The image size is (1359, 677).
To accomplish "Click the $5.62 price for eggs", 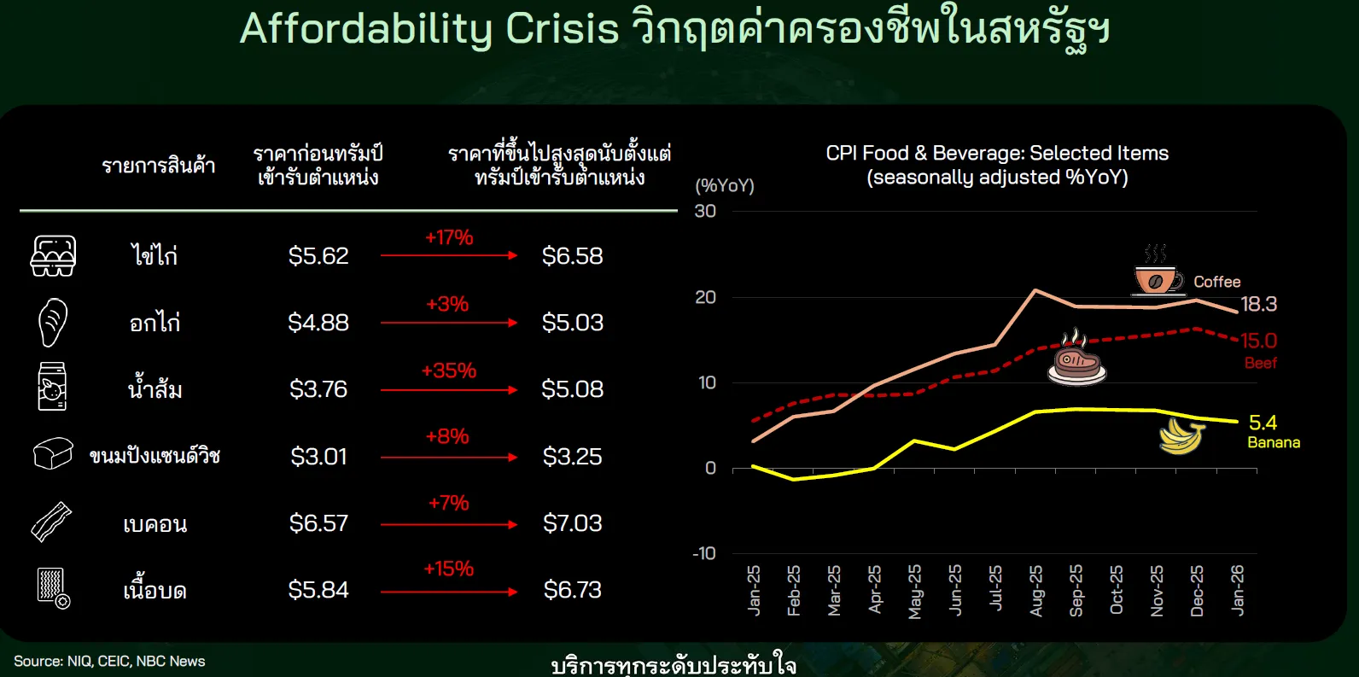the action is tap(318, 256).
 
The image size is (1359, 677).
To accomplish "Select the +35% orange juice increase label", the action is tap(449, 370).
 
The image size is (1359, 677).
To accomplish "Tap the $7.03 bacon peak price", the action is tap(572, 523).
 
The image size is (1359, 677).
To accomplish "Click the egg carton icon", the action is tap(54, 255).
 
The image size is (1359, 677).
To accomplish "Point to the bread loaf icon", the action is tap(53, 454).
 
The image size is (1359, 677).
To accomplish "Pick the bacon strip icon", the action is tap(51, 522).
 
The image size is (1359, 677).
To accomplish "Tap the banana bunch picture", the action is tap(1181, 437).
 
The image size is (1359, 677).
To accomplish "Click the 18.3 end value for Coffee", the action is tap(1258, 304).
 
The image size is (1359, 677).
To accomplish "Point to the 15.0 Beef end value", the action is tap(1258, 341).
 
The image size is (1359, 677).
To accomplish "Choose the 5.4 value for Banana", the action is tap(1263, 423).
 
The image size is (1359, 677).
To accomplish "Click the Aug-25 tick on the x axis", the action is tap(1035, 591).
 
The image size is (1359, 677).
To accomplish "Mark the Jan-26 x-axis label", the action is tap(1237, 590).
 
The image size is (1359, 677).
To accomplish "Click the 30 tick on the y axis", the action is tap(705, 211).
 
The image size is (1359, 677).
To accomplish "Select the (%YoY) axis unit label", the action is tap(725, 185).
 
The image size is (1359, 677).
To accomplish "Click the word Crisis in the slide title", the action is tap(562, 28).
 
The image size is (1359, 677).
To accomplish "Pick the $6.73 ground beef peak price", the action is tap(572, 590).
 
